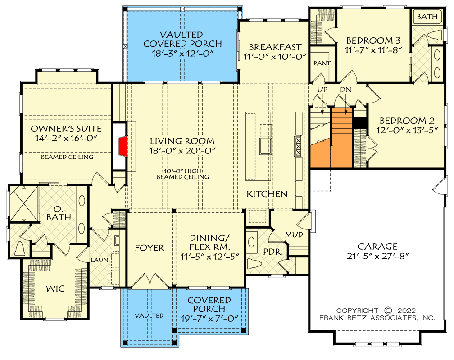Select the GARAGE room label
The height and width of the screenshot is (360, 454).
point(377,246)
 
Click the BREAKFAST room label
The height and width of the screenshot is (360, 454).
point(275,47)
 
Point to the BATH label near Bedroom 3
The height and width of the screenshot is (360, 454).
point(426,17)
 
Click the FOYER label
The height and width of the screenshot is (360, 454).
point(150,248)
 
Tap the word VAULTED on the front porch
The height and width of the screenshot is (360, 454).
point(150,315)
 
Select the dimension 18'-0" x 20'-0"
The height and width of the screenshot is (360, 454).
point(182,151)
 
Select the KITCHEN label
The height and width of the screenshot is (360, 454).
point(267,194)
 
